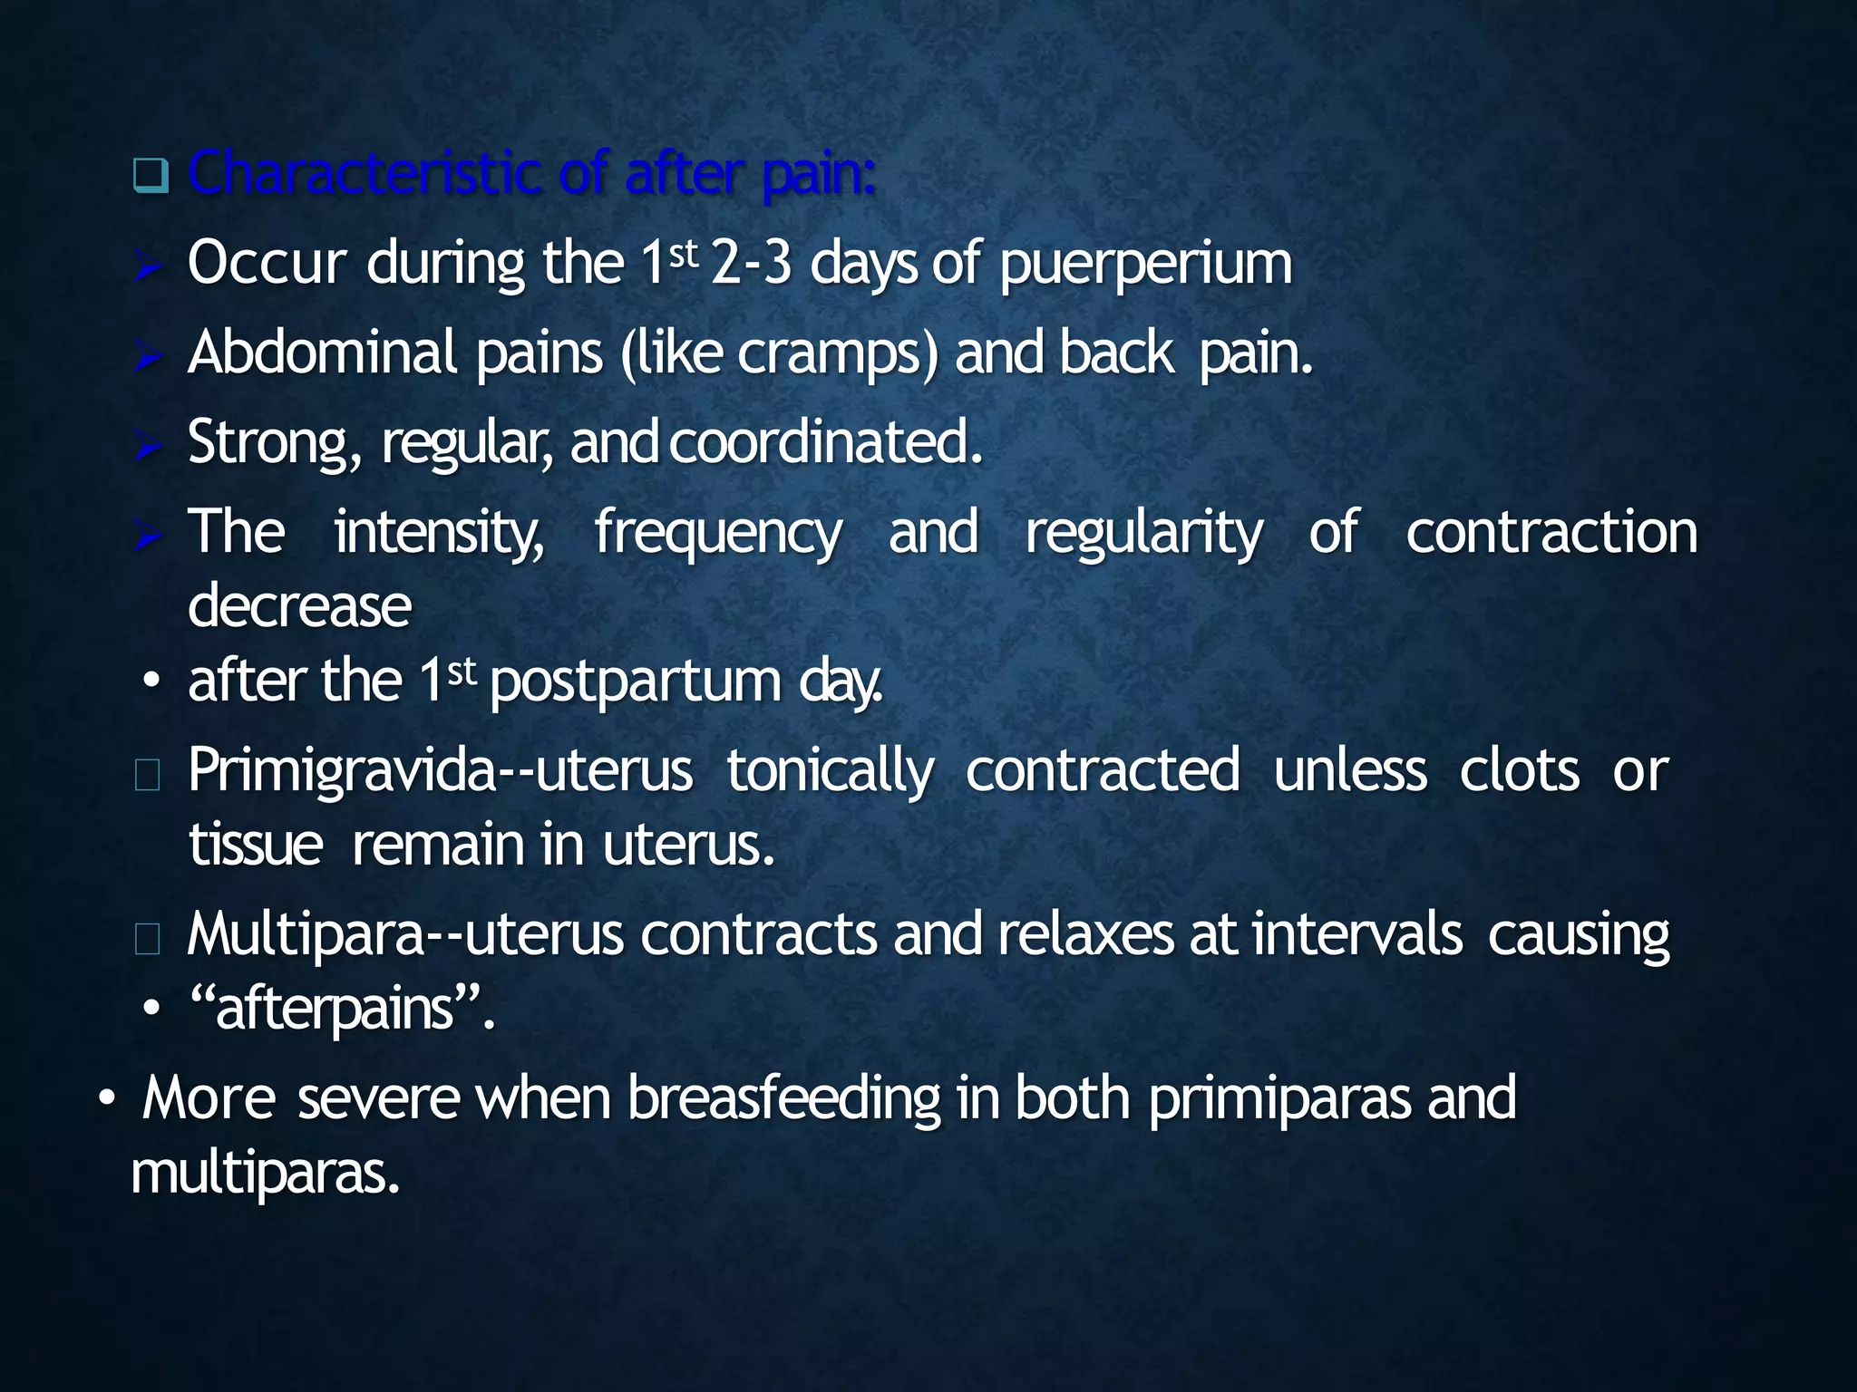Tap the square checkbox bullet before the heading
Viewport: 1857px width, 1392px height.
(151, 175)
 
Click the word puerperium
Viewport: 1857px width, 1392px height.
(1146, 265)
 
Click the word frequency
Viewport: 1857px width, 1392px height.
(718, 533)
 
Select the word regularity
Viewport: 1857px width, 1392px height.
(1143, 533)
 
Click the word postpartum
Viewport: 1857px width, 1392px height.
(635, 681)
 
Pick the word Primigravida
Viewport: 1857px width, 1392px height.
(343, 771)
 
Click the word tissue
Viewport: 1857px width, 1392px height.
(256, 845)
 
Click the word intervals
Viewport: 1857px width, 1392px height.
(1356, 934)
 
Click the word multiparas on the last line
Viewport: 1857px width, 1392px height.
(265, 1174)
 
